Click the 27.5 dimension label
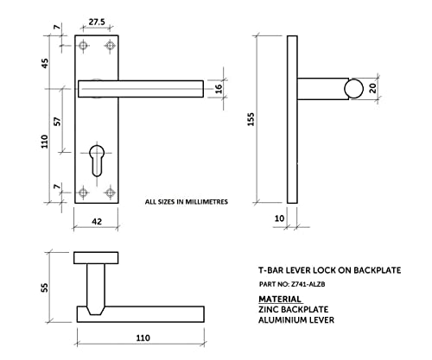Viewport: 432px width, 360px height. point(97,22)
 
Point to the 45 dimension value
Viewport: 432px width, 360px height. point(45,63)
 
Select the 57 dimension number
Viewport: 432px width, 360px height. point(58,121)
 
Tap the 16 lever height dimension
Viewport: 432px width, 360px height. point(219,88)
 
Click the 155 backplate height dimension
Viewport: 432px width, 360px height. point(251,119)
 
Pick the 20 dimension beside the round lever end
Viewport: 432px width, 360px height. point(372,88)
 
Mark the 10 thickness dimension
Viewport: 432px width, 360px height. point(279,218)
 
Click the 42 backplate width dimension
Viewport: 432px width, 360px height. point(97,221)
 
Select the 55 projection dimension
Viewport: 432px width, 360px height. point(45,287)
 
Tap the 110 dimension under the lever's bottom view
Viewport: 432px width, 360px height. point(143,338)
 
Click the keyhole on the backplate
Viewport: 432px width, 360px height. point(97,161)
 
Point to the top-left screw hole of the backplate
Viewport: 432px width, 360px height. point(83,46)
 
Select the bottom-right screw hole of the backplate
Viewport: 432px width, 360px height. point(110,193)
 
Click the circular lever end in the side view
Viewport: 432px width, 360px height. point(353,88)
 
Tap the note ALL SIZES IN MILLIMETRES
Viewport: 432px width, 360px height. point(187,202)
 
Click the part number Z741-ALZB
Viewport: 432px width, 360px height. point(308,284)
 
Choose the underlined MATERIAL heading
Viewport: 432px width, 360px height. point(280,300)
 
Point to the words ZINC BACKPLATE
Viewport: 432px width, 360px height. point(294,309)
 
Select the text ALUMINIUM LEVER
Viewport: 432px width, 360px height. point(296,319)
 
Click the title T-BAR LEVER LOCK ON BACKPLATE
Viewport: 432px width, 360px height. point(330,270)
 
